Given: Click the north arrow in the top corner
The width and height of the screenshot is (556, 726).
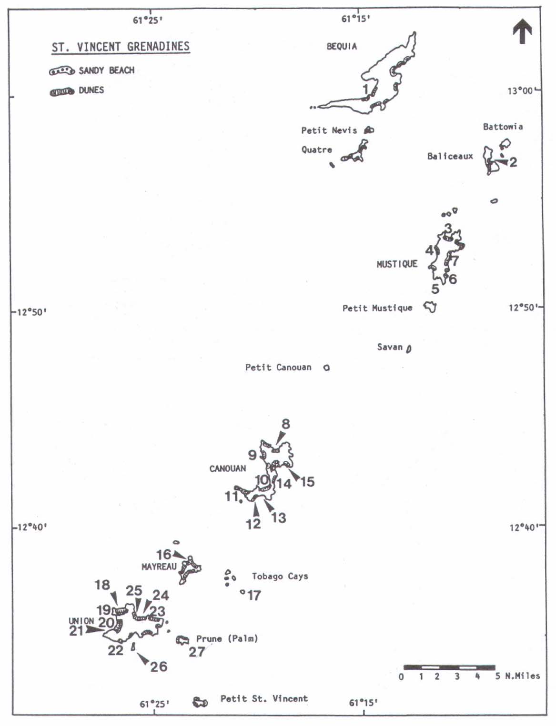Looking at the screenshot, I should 522,31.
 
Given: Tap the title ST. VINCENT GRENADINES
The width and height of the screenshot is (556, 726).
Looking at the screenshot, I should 121,47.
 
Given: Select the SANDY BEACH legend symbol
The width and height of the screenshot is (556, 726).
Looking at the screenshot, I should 62,71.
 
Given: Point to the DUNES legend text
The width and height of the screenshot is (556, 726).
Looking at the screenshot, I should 91,90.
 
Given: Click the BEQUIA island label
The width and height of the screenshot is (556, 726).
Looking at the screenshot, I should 342,46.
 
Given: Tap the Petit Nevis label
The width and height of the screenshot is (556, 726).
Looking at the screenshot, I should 329,130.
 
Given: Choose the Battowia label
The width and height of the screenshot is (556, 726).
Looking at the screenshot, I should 503,127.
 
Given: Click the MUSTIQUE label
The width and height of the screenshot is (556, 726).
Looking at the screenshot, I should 397,264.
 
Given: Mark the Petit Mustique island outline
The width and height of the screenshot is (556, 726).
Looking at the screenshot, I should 430,307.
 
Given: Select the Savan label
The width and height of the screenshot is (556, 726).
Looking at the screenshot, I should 390,347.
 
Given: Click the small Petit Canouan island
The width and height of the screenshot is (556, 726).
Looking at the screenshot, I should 326,368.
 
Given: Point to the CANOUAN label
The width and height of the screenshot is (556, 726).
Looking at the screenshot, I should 228,468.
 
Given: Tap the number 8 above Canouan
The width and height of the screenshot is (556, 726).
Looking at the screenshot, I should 285,424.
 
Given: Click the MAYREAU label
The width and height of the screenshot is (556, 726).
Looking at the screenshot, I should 159,567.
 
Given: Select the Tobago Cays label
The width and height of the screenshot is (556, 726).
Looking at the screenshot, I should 280,576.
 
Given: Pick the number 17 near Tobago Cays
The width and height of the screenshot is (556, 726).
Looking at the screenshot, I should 254,595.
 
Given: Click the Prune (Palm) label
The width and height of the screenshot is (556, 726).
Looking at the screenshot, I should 227,638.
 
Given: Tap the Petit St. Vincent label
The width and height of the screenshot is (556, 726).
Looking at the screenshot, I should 264,698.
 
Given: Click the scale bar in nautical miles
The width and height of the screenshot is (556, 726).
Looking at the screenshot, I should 449,667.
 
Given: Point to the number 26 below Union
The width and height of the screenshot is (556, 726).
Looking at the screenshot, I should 159,666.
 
